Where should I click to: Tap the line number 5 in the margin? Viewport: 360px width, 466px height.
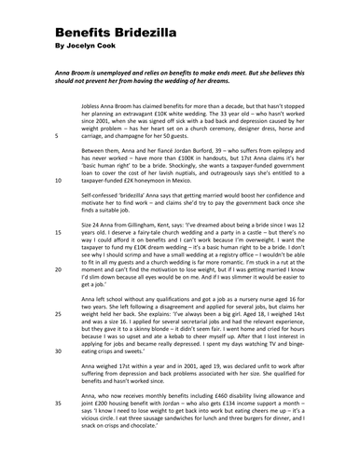(x=57, y=136)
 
